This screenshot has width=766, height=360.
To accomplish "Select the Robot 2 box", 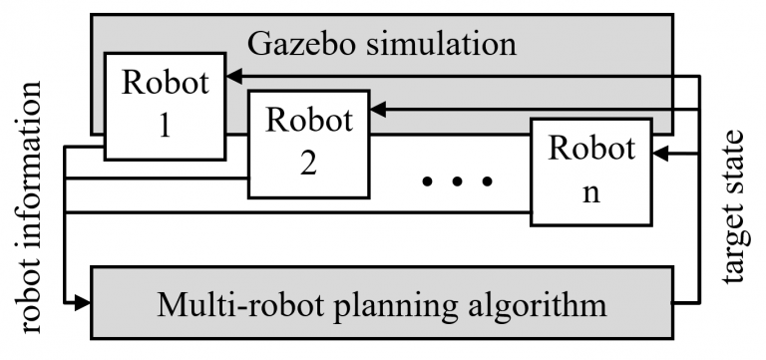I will tap(307, 141).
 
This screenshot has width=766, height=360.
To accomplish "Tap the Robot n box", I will tap(590, 170).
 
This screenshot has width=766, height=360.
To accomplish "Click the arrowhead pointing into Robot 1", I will tap(231, 75).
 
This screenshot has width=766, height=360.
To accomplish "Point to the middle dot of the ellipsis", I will tap(459, 181).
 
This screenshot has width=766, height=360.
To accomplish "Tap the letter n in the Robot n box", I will tap(590, 191).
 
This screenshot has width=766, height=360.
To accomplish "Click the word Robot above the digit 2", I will tap(307, 122).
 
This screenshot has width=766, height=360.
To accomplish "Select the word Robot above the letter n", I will tap(590, 150).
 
